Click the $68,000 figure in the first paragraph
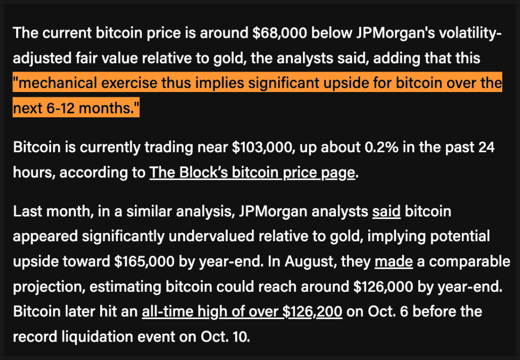tap(280, 33)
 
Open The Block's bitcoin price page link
tap(252, 173)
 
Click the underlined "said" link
tap(386, 211)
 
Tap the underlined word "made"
tap(393, 262)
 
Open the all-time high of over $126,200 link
tap(242, 312)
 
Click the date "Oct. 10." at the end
tap(226, 337)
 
